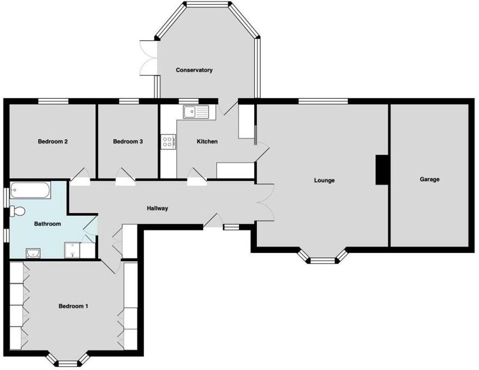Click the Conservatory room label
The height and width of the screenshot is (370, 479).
pyautogui.click(x=194, y=70)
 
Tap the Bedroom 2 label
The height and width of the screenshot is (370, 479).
pyautogui.click(x=53, y=141)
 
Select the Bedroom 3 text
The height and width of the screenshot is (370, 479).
pyautogui.click(x=128, y=141)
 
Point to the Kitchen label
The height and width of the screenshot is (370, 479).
pyautogui.click(x=207, y=141)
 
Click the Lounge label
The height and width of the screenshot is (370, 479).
pyautogui.click(x=324, y=180)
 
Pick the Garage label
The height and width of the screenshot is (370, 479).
pyautogui.click(x=429, y=179)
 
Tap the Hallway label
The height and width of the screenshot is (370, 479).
pyautogui.click(x=157, y=208)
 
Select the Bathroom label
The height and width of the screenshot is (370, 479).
pyautogui.click(x=47, y=224)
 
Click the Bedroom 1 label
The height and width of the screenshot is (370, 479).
pyautogui.click(x=73, y=306)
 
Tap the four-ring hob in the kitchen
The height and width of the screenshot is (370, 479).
pyautogui.click(x=168, y=143)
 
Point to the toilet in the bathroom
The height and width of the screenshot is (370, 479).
pyautogui.click(x=18, y=211)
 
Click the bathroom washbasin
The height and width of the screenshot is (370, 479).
pyautogui.click(x=32, y=252)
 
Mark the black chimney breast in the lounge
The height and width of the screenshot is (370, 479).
pyautogui.click(x=382, y=169)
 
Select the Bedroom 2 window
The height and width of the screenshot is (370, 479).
pyautogui.click(x=53, y=101)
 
